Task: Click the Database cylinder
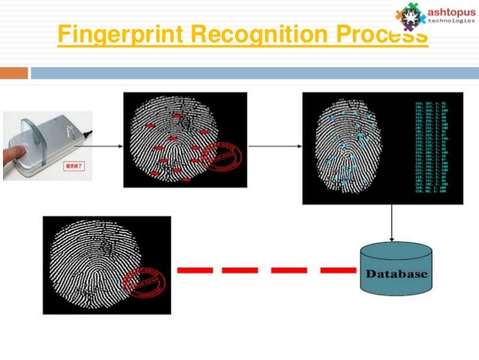tap(396, 268)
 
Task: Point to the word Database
tap(396, 274)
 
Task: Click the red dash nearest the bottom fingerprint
tap(192, 268)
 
